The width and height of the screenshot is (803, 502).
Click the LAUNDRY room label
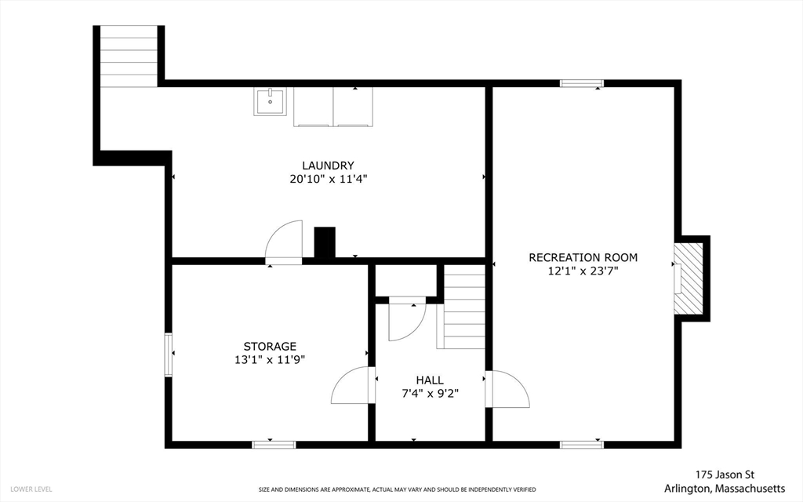coord(328,166)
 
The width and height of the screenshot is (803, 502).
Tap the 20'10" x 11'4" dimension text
coord(329,180)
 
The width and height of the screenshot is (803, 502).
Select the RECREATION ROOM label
coord(583,257)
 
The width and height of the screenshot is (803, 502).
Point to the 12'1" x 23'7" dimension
coord(583,271)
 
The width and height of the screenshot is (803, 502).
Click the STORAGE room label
coord(270,346)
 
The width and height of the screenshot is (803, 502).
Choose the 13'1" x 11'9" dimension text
coord(270,359)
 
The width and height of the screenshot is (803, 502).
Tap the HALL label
coord(430,380)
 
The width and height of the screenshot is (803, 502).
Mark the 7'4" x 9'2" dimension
coord(430,394)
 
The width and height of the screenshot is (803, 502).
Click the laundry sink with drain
coord(271,101)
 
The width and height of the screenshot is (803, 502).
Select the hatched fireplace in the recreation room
coord(688,278)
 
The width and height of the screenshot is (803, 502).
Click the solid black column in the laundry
coord(325,242)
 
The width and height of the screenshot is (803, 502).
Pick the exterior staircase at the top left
coord(129,56)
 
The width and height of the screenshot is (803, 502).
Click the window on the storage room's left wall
coord(168,355)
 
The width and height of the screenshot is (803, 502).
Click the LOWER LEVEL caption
coord(31,489)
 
